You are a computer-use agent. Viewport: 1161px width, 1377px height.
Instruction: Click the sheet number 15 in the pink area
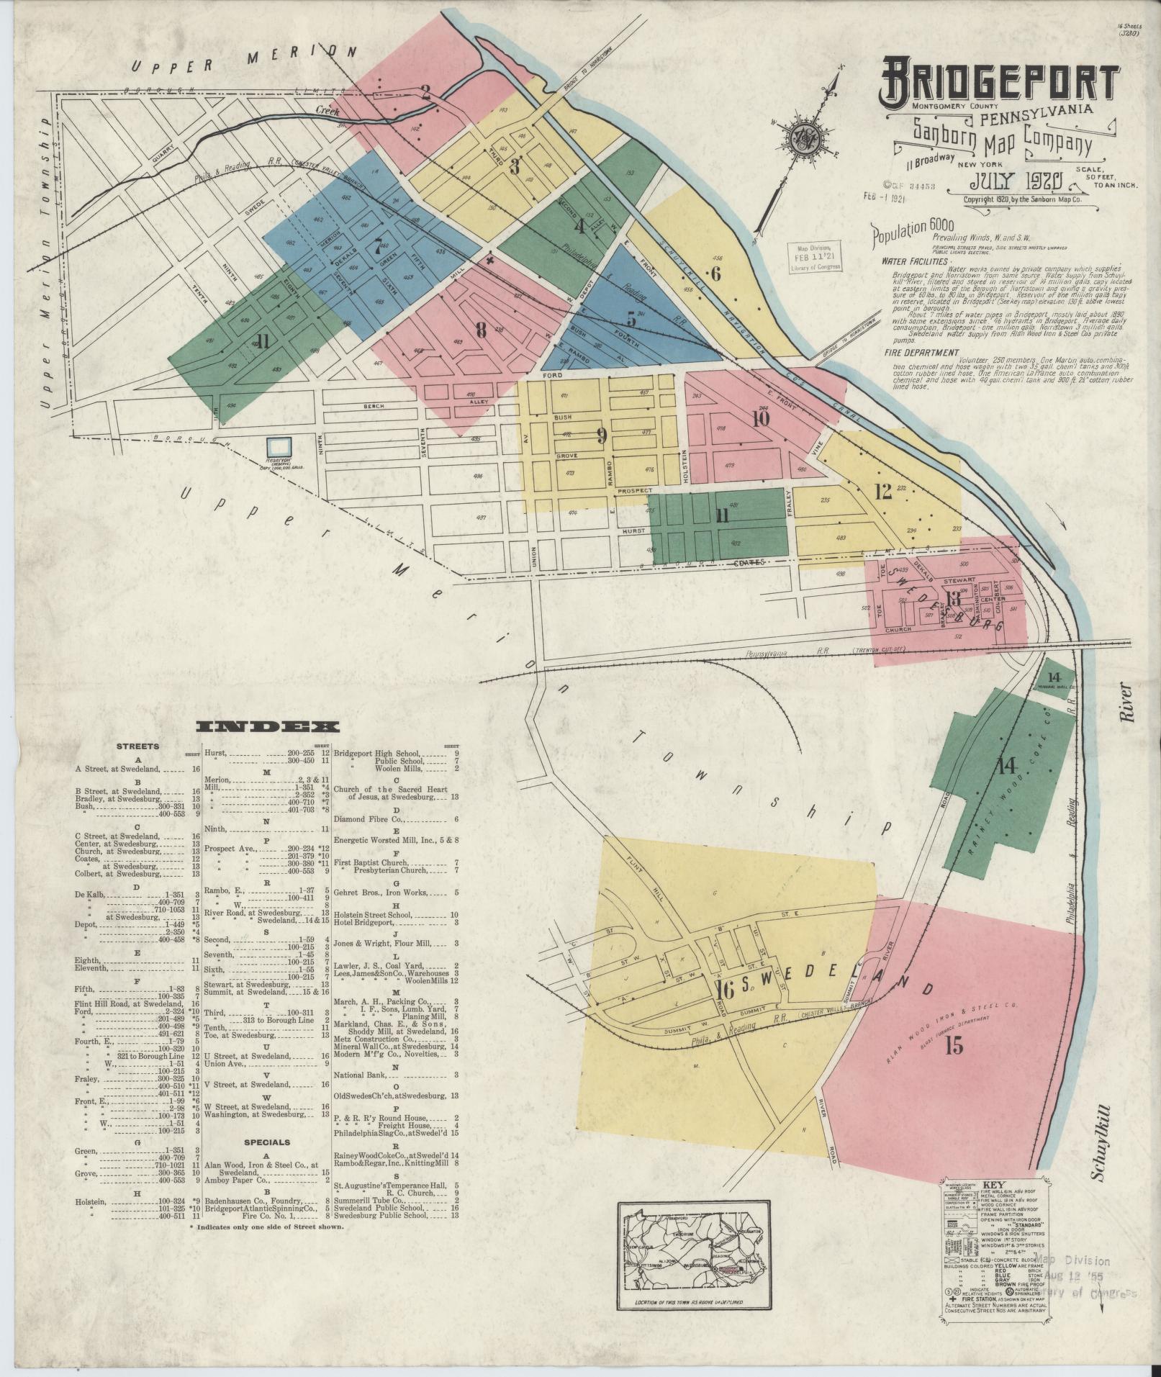coord(954,1046)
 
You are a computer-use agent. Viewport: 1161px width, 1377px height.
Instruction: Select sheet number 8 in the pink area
coord(481,330)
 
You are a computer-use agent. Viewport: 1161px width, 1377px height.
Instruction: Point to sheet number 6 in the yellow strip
coord(715,274)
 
